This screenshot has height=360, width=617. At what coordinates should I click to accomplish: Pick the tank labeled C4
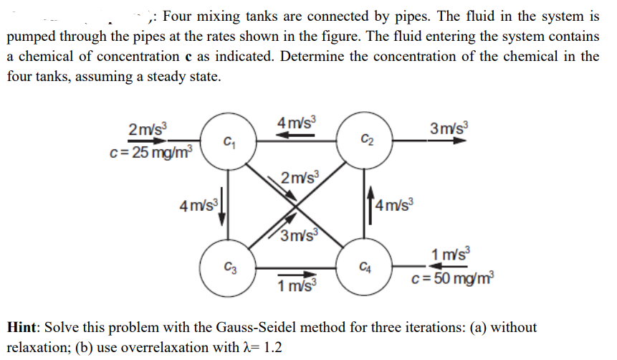[x=366, y=270]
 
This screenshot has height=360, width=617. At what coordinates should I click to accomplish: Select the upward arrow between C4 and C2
[x=370, y=205]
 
